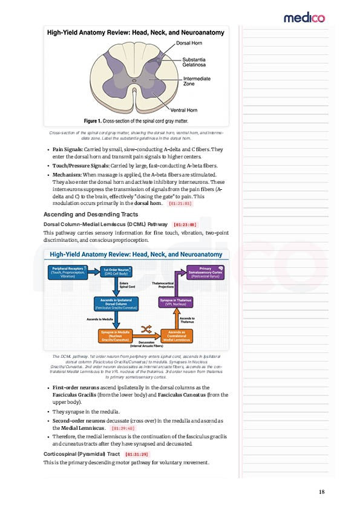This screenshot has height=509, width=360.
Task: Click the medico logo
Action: pyautogui.click(x=304, y=18)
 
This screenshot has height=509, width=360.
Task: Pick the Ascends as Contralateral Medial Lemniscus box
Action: pyautogui.click(x=177, y=335)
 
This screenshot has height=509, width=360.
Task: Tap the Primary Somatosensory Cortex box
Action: pyautogui.click(x=206, y=272)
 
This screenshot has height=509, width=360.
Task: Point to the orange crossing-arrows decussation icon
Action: pyautogui.click(x=146, y=329)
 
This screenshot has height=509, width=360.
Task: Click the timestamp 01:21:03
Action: pyautogui.click(x=180, y=204)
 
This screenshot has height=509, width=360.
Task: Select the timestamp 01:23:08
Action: pyautogui.click(x=185, y=224)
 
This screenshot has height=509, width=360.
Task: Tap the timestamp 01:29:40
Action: pyautogui.click(x=123, y=428)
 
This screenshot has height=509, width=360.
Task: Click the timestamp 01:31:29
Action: pyautogui.click(x=136, y=454)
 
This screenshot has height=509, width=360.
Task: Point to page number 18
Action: pyautogui.click(x=322, y=491)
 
